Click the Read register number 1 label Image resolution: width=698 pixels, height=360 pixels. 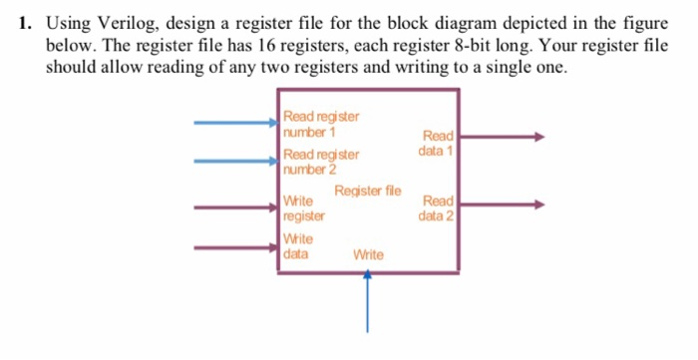point(320,125)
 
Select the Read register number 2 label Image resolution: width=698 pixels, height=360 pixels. point(320,162)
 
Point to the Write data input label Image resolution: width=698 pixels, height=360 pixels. point(298,246)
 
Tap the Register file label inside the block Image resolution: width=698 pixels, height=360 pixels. point(368,190)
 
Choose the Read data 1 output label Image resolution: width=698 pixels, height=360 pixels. point(437,144)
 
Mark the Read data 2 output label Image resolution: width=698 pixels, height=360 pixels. point(437,207)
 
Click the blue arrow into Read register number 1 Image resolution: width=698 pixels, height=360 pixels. point(235,123)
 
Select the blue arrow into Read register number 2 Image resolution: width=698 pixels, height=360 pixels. point(235,160)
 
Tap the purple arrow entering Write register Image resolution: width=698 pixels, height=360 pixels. point(235,207)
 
